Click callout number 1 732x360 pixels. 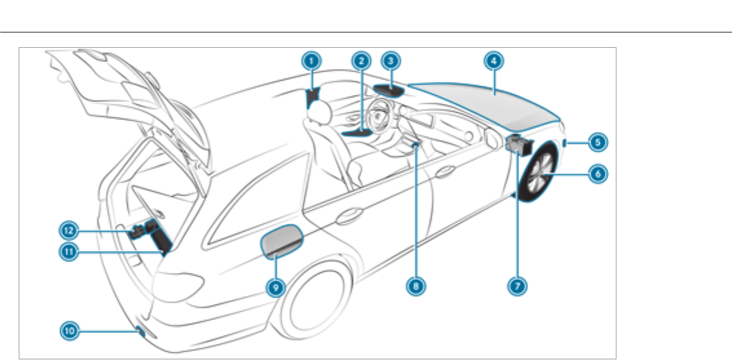(311, 62)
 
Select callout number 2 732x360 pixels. (361, 62)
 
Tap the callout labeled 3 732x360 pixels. (391, 62)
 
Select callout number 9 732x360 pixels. (276, 288)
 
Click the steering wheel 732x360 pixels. (381, 119)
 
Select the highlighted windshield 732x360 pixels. (491, 103)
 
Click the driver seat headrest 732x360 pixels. (317, 112)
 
